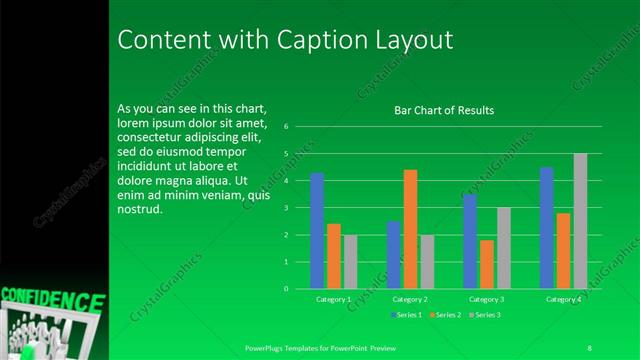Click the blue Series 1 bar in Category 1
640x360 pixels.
(317, 231)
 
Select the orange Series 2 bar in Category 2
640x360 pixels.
(410, 229)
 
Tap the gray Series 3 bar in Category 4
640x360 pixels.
(580, 221)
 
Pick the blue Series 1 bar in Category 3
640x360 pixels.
(470, 241)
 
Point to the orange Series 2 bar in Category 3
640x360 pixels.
(487, 264)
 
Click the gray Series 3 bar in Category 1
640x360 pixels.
(350, 262)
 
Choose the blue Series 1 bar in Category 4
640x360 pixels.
(547, 228)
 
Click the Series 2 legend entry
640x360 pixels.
(446, 315)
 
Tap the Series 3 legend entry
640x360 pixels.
(484, 315)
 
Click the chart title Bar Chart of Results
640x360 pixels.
(443, 110)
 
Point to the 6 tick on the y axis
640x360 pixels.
(286, 127)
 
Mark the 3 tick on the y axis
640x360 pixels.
(286, 208)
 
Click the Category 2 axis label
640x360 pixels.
(410, 299)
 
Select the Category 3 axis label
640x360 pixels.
(487, 299)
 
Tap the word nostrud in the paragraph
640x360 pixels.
(139, 210)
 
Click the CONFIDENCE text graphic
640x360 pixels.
(52, 300)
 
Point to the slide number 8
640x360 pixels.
(589, 347)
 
